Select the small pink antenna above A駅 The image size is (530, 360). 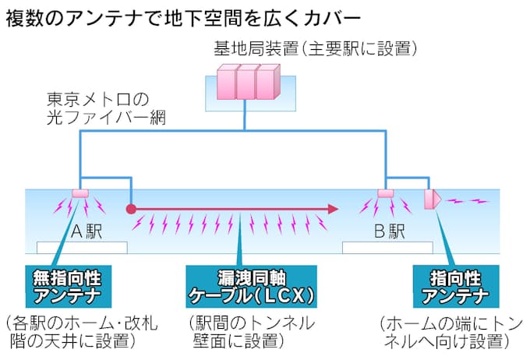(x=80, y=192)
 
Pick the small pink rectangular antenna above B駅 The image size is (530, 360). (x=386, y=192)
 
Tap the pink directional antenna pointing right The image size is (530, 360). (x=432, y=199)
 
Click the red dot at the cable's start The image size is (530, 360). (x=131, y=209)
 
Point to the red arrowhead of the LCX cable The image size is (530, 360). (x=333, y=209)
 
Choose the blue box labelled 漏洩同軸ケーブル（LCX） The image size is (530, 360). (x=252, y=286)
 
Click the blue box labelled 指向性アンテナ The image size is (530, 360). (x=455, y=286)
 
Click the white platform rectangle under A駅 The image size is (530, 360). (x=82, y=247)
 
